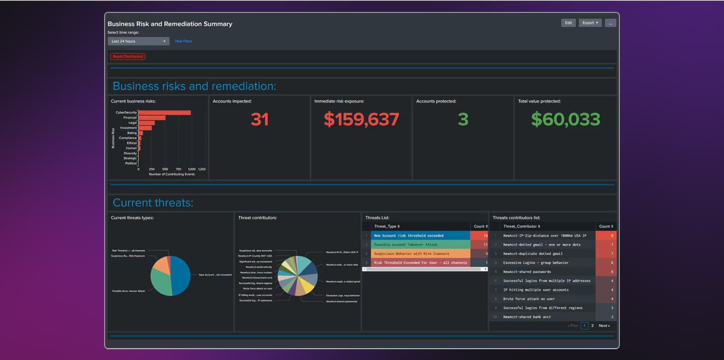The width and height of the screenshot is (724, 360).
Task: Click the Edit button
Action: [x=568, y=23]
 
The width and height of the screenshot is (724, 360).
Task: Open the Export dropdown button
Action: [x=590, y=23]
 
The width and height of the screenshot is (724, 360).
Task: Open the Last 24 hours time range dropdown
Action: [x=138, y=41]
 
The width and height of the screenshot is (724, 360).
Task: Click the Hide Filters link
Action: [x=183, y=41]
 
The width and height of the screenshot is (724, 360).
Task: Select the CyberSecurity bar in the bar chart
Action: [x=164, y=113]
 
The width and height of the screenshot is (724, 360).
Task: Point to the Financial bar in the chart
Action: [x=152, y=118]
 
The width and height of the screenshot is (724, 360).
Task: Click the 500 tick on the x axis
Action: [x=165, y=169]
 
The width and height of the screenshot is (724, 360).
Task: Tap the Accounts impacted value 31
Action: [x=259, y=120]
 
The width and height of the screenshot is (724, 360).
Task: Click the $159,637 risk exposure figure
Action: [x=361, y=120]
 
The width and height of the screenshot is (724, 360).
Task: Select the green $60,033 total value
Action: [x=565, y=120]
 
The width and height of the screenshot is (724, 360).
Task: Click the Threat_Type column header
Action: [x=387, y=226]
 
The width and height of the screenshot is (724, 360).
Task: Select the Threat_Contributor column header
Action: [x=521, y=226]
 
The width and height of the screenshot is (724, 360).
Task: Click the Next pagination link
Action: [x=604, y=326]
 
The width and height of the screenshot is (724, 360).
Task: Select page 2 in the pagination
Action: [x=592, y=326]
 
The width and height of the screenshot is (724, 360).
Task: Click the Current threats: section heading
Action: [x=153, y=202]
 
